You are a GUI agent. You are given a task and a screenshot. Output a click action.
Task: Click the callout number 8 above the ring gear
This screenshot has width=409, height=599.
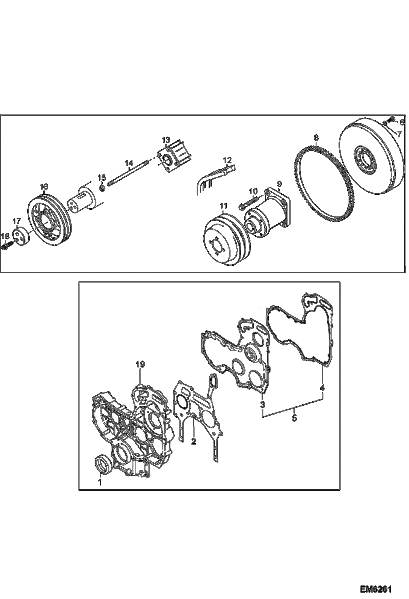point(316,138)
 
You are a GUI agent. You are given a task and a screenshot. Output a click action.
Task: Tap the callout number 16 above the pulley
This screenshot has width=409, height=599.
point(44,187)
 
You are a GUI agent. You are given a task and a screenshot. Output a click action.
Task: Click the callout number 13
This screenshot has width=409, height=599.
point(166,140)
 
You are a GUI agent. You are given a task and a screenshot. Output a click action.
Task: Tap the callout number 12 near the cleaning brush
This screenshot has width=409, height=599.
point(227,159)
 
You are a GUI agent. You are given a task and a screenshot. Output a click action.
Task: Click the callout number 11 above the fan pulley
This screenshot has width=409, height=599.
point(224,206)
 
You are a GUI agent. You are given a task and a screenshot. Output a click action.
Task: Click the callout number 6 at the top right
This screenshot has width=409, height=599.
point(402,123)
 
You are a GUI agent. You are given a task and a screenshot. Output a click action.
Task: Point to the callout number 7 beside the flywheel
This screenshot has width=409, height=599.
point(399,134)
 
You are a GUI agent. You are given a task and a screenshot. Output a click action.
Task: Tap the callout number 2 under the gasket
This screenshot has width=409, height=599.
point(194,441)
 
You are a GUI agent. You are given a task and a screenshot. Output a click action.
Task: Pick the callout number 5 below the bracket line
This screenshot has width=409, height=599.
point(294,418)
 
